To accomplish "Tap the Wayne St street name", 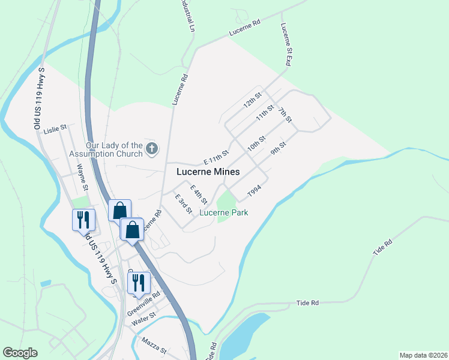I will tap(82, 179).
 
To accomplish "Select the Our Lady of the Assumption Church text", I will tap(114, 149).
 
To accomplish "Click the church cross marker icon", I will tap(152, 148).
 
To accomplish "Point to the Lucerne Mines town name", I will tap(208, 172).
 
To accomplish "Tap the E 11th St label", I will tap(216, 158).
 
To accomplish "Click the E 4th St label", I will tap(199, 194).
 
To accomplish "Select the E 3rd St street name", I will tap(183, 203).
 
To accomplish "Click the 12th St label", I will tap(253, 100).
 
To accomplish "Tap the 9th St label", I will tap(279, 148).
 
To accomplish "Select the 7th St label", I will tap(285, 115).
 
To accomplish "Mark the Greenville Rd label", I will tap(144, 304).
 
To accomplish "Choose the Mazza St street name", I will tap(154, 344).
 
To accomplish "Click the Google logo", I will tap(20, 353).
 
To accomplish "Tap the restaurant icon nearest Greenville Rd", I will tap(139, 283).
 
